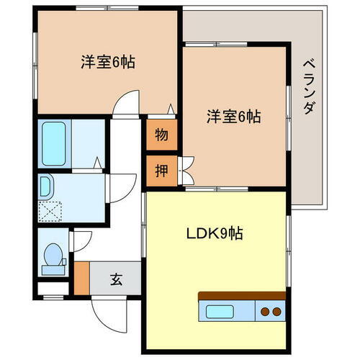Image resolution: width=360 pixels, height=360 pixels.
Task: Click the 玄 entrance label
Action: tap(116, 279)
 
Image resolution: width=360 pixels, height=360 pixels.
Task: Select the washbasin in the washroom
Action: tap(46, 188)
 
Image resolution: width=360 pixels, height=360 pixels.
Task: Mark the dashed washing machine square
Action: tap(50, 210)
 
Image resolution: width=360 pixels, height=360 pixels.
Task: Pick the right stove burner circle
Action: tap(276, 312)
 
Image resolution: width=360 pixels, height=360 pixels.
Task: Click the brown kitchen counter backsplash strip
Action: tap(242, 296)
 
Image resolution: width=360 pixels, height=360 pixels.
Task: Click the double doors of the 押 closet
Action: tap(186, 171)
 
